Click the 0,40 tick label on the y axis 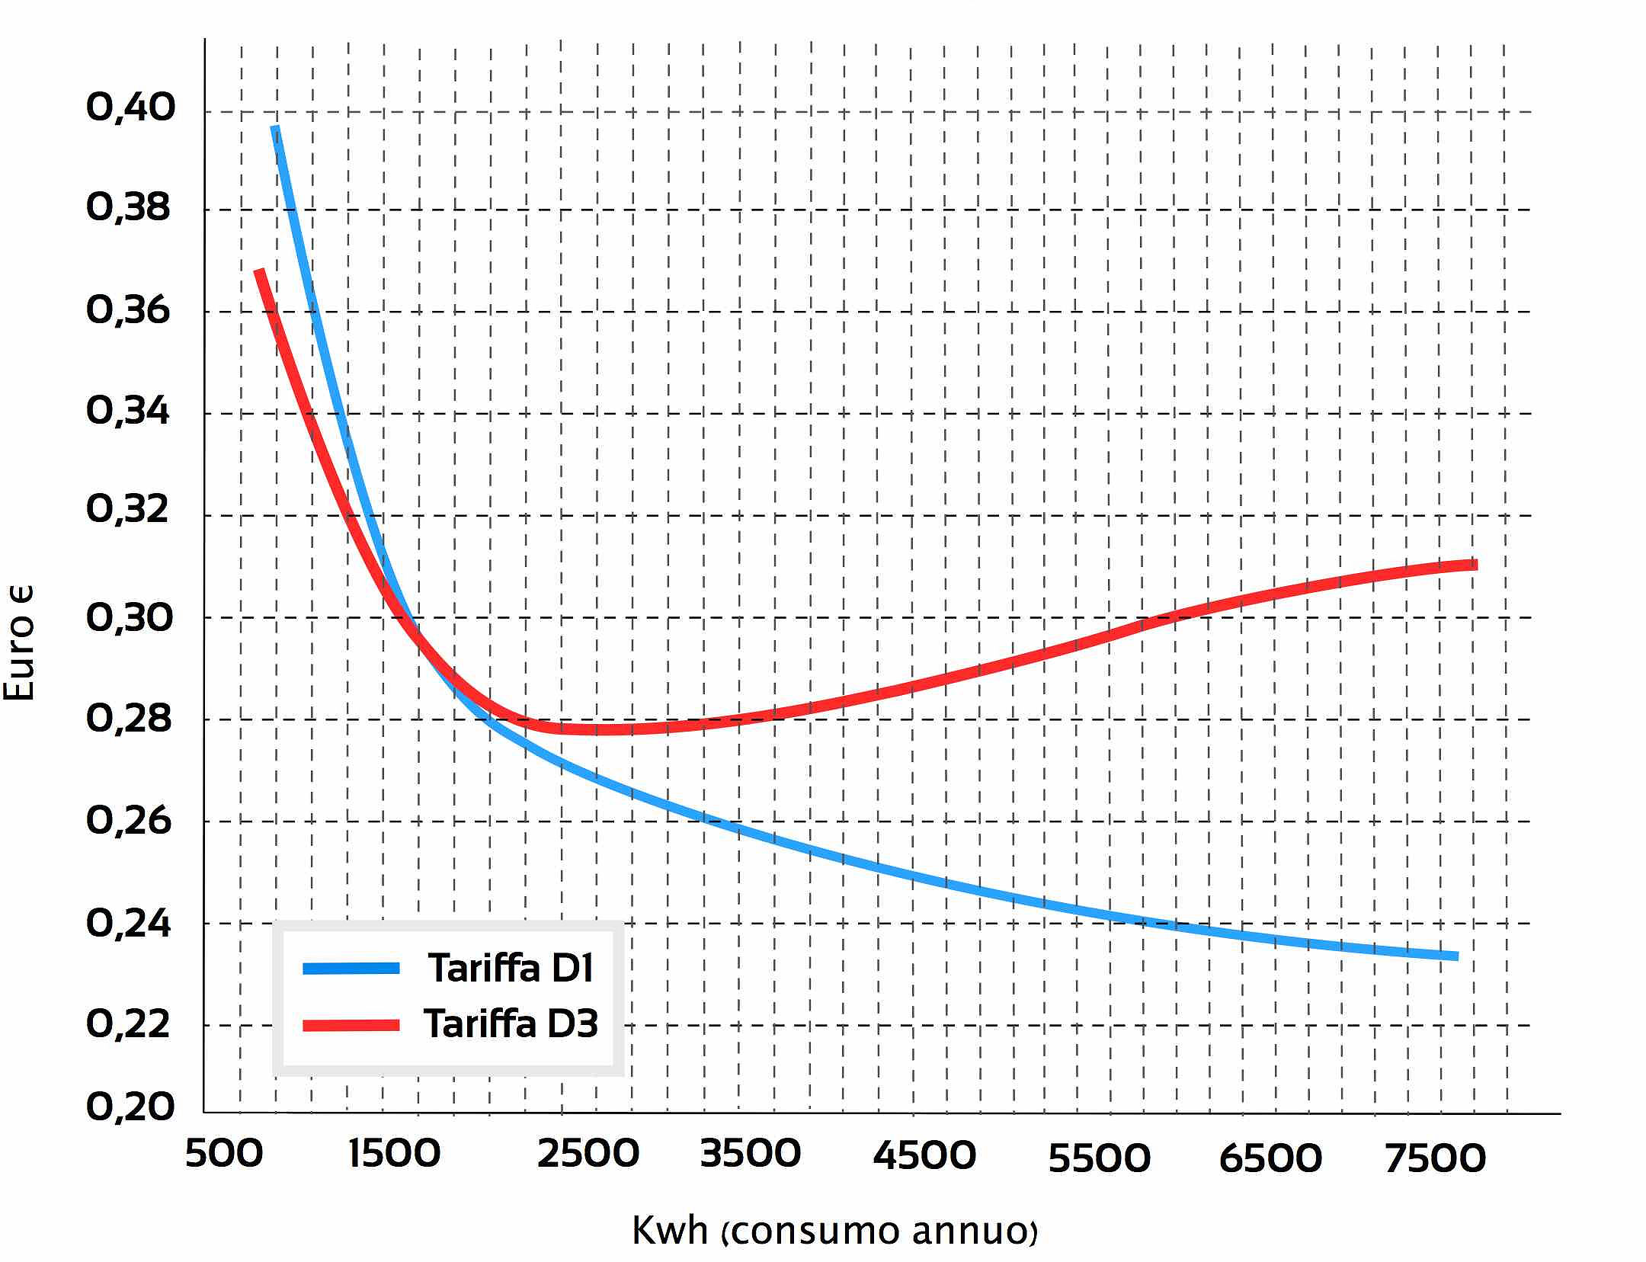point(130,107)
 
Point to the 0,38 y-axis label point(128,207)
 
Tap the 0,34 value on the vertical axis point(128,412)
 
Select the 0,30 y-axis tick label point(128,617)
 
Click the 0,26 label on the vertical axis point(128,821)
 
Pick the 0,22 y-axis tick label point(128,1024)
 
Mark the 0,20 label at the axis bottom point(130,1107)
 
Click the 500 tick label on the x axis point(224,1154)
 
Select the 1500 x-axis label point(395,1154)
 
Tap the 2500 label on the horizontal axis point(588,1154)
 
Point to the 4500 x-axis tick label point(924,1156)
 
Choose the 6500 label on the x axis point(1270,1158)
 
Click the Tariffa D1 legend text point(511,969)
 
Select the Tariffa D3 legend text point(511,1023)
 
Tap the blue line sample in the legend point(351,969)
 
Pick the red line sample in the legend point(351,1025)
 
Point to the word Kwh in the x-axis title point(670,1230)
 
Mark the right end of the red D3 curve point(1473,565)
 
